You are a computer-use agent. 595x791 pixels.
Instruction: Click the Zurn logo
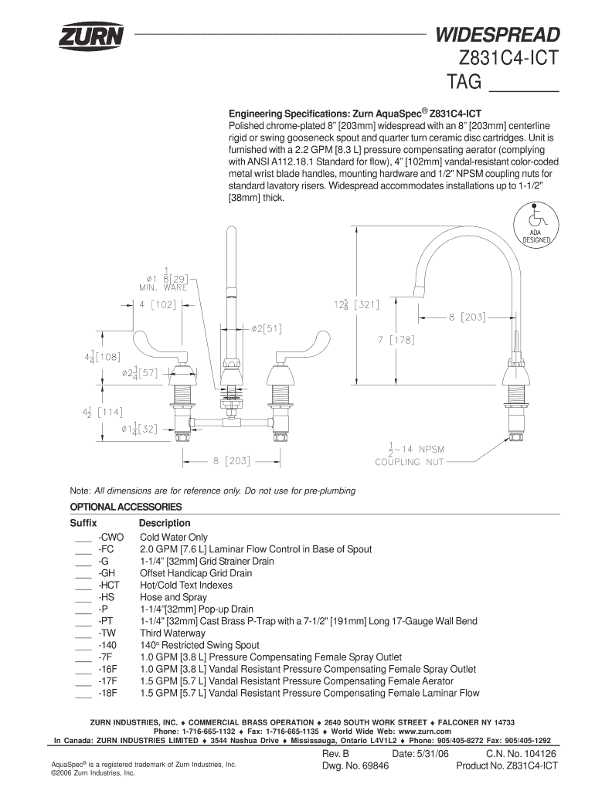[x=91, y=36]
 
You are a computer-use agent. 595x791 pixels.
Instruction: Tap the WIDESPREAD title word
[x=498, y=35]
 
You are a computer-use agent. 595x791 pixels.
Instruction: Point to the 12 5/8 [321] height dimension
[x=355, y=304]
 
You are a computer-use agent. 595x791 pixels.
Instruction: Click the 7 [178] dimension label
[x=396, y=340]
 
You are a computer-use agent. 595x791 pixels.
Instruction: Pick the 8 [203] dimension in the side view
[x=467, y=317]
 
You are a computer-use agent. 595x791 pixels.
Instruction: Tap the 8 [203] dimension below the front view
[x=232, y=460]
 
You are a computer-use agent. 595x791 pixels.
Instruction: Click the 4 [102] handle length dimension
[x=158, y=304]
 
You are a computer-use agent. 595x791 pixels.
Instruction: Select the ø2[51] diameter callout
[x=267, y=329]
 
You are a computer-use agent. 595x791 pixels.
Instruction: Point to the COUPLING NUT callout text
[x=410, y=462]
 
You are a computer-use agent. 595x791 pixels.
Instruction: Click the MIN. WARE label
[x=163, y=288]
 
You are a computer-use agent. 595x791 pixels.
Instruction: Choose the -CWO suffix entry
[x=111, y=538]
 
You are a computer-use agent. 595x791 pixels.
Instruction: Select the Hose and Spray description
[x=174, y=597]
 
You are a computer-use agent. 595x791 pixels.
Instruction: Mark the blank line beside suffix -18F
[x=83, y=698]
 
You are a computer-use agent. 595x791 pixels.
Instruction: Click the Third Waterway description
[x=172, y=633]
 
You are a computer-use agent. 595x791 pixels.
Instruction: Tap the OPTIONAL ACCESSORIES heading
[x=126, y=507]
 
